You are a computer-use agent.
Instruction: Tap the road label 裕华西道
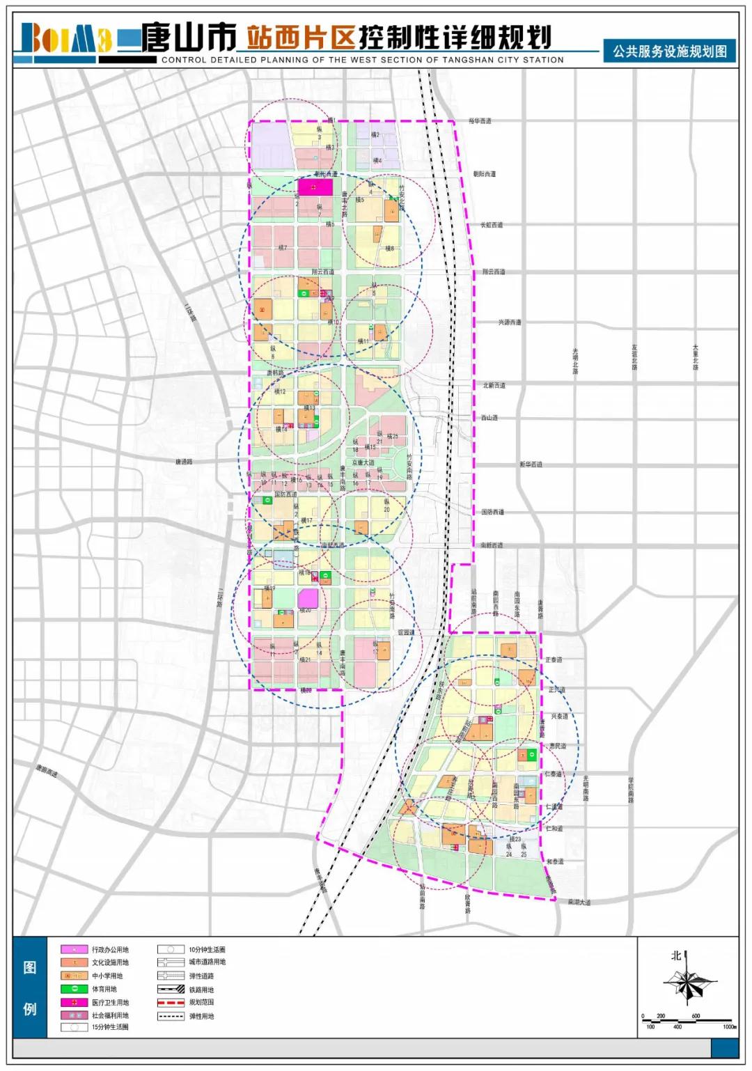(x=480, y=121)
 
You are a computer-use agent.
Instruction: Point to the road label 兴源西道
(x=509, y=322)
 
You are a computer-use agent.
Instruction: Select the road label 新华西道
(x=531, y=464)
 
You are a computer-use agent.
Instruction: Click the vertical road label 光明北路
(x=576, y=361)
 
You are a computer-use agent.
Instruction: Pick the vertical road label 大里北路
(x=695, y=357)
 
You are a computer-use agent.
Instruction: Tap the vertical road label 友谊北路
(x=634, y=357)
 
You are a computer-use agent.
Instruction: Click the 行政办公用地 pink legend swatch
(x=75, y=950)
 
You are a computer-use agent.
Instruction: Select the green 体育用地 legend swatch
(x=75, y=989)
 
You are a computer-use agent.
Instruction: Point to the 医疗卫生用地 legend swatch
(x=75, y=1002)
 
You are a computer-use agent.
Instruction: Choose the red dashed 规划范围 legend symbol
(x=171, y=1003)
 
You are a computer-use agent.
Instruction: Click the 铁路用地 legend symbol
(x=171, y=990)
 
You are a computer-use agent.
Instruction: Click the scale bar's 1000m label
(x=729, y=1026)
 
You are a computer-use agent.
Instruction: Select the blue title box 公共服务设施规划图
(x=669, y=52)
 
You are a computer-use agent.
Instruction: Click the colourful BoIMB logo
(x=66, y=39)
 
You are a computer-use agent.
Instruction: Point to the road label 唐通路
(x=184, y=462)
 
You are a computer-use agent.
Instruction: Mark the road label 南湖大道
(x=579, y=902)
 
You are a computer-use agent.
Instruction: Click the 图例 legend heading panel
(x=30, y=987)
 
